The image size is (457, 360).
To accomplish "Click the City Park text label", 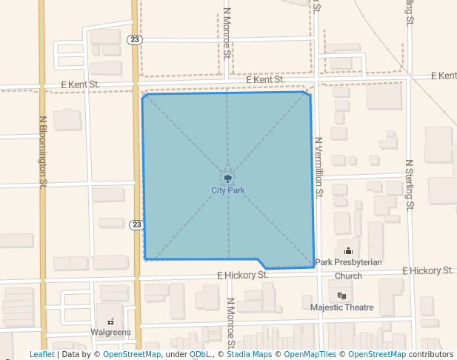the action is tap(227, 190).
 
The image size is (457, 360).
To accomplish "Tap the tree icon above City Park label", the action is tap(227, 179).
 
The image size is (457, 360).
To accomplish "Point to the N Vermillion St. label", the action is tap(319, 167).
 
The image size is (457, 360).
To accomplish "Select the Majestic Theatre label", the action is tap(342, 307).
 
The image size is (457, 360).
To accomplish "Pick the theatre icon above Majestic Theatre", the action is tap(341, 296).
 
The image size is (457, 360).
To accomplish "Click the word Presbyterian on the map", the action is tap(358, 262).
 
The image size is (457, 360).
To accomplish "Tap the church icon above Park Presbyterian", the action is tap(348, 251).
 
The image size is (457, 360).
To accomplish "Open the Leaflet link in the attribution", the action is tap(41, 354).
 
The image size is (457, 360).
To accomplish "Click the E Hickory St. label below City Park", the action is tap(243, 275).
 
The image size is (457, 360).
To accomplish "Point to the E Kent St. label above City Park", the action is tap(265, 79).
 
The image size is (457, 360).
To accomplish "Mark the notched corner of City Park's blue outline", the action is tap(261, 263).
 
